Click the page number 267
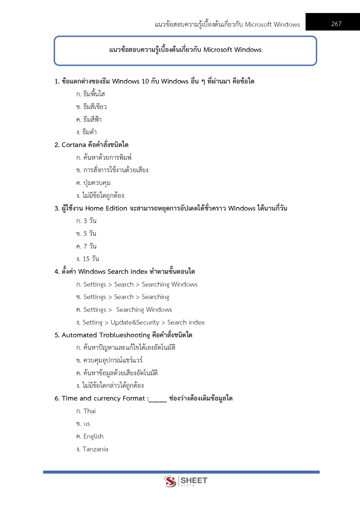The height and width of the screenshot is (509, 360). (x=336, y=24)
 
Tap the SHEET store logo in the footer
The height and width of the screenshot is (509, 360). (x=185, y=481)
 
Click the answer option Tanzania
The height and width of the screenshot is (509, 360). (x=95, y=449)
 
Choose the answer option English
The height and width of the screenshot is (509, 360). (x=93, y=436)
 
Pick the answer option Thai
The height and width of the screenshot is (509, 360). (x=89, y=411)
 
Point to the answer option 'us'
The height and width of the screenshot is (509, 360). (x=87, y=424)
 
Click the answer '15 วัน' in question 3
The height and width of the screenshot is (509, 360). (x=91, y=259)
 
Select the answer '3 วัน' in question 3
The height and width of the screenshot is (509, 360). (x=90, y=221)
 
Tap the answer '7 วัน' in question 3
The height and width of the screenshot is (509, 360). (x=90, y=246)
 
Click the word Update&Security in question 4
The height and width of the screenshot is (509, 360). (x=135, y=322)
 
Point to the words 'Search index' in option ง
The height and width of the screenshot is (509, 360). (x=186, y=322)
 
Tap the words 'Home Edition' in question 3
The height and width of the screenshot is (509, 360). (x=106, y=208)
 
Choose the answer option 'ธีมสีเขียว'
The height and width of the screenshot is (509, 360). (x=95, y=107)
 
